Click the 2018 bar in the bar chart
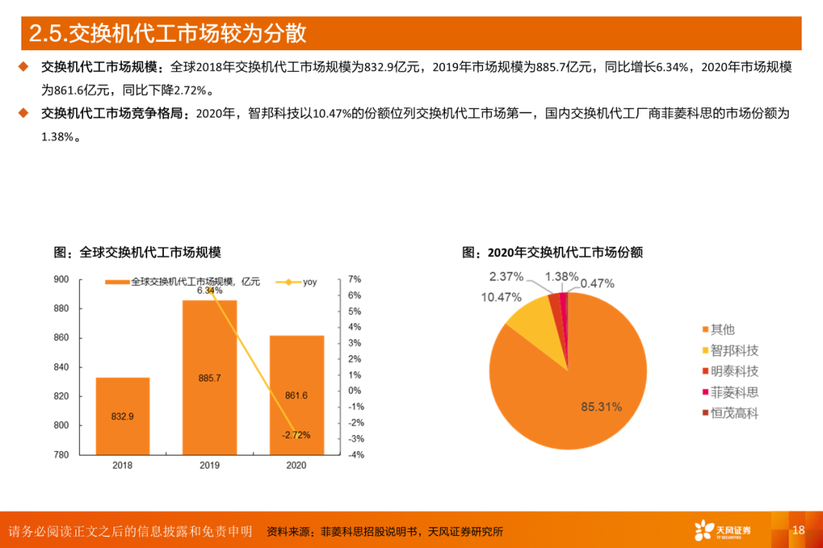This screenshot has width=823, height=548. point(122,415)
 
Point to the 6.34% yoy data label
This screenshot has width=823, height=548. point(210,290)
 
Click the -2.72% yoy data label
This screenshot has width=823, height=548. point(296,435)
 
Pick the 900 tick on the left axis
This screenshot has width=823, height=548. point(61,280)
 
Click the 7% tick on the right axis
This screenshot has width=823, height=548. point(354,280)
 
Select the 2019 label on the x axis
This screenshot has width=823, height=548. point(210,465)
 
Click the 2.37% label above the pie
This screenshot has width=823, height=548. point(506,276)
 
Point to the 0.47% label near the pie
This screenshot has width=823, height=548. point(597,284)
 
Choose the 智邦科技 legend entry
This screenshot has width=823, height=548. point(734,351)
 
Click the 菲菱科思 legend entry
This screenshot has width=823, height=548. point(734,393)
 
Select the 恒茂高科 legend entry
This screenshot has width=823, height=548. point(734,414)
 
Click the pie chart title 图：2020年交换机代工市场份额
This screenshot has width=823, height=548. point(552,252)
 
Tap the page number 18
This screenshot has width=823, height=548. point(798,530)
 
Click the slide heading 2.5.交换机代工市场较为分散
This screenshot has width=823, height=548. point(168,34)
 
